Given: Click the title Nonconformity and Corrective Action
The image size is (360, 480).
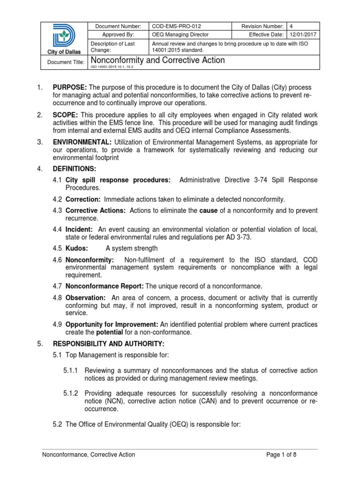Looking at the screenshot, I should pyautogui.click(x=157, y=60).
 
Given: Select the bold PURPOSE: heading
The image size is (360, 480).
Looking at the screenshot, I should pyautogui.click(x=70, y=88).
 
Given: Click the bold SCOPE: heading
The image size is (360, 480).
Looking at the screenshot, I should pyautogui.click(x=65, y=115).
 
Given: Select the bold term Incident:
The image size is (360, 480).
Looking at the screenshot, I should pyautogui.click(x=79, y=229).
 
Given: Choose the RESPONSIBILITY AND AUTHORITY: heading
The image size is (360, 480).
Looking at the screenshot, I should pyautogui.click(x=97, y=344).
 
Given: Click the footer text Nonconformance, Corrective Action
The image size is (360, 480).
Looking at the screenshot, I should pyautogui.click(x=89, y=454).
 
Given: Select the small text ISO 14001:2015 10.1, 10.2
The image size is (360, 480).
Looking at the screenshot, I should pyautogui.click(x=115, y=67).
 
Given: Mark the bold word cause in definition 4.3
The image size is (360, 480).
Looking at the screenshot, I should pyautogui.click(x=209, y=210).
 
